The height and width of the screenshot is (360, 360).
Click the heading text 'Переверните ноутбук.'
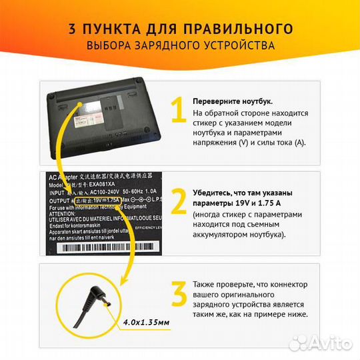pos(232,101)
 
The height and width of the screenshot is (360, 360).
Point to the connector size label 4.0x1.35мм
pos(146,322)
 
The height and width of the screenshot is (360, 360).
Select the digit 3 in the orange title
pos(72,29)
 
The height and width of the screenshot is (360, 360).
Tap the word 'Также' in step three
pos(205,283)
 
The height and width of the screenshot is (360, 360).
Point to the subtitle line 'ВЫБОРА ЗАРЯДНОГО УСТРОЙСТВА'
pos(180,46)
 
